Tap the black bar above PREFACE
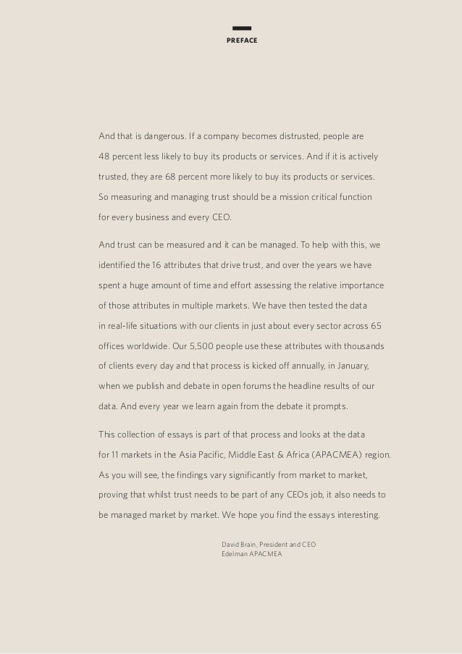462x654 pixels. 242,29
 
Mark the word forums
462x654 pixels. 248,386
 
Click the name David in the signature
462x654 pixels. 231,544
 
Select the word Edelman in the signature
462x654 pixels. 234,554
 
